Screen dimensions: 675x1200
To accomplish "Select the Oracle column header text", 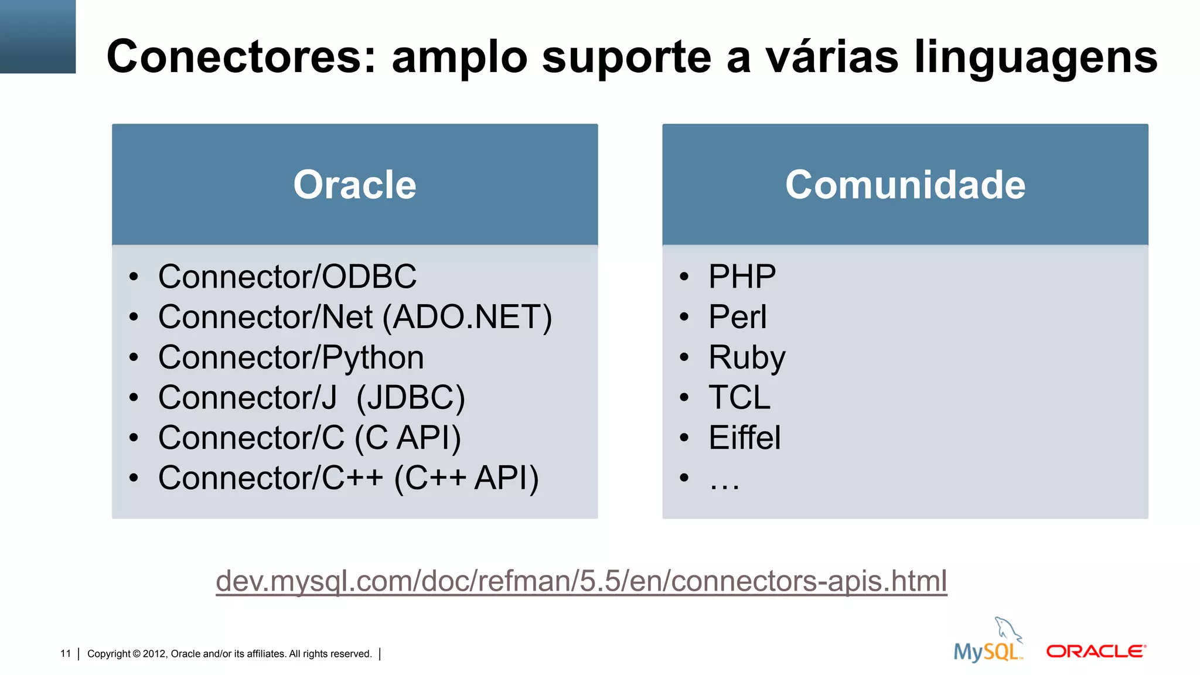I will coord(354,185).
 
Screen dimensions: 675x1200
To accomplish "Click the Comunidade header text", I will coord(905,185).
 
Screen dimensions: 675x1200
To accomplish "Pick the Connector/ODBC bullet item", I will coord(287,277).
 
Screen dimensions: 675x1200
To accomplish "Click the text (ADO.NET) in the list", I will coord(467,317).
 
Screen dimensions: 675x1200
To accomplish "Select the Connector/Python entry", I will coord(291,357).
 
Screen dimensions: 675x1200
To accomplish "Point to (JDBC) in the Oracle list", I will coord(410,398).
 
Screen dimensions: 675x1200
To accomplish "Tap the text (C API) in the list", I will coord(408,438).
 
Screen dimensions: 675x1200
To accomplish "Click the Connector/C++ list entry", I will coord(270,478).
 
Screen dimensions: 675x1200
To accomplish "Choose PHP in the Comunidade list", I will coord(742,277).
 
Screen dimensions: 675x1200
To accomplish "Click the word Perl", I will coord(737,317).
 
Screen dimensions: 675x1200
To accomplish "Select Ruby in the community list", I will coord(746,357).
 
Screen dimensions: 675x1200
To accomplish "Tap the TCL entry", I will coord(739,398).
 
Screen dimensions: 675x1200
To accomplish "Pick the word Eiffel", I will coord(744,438).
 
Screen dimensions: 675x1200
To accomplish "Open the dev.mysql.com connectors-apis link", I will coord(581,581).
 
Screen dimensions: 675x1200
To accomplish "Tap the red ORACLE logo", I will coord(1096,652).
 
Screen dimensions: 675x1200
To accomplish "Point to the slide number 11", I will coord(65,653).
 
